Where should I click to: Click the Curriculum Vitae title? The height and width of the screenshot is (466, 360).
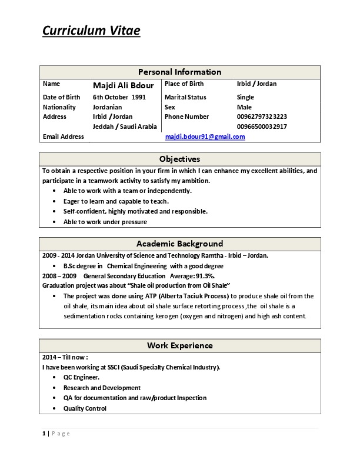coord(91,31)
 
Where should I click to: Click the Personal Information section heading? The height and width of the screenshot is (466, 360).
coord(179,72)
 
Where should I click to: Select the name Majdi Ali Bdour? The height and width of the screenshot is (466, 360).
coord(123,85)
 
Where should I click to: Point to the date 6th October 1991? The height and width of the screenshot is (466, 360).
coord(119,97)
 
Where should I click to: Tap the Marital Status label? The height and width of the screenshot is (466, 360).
coord(185,97)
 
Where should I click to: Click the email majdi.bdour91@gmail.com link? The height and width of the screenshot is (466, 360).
coord(205,137)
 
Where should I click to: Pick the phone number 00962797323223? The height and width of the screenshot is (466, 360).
coord(262,116)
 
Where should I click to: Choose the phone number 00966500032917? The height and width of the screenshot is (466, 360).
coord(262,127)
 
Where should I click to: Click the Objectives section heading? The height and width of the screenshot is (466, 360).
coord(179,159)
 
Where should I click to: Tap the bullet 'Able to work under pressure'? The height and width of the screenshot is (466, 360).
coord(105,222)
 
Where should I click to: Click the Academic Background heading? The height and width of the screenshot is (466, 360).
coord(179,244)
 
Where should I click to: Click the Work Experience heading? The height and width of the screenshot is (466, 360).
coord(179,345)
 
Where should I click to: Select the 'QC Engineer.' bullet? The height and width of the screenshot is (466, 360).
coord(81,377)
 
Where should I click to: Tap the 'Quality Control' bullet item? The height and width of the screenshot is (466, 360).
coord(85,408)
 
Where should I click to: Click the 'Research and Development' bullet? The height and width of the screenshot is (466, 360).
coord(102,388)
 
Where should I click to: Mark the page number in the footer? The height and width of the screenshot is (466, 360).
coord(44,434)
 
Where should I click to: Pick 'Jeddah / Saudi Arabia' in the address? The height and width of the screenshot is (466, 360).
coord(125,127)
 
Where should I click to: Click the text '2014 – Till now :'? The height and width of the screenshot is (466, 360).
coord(65,357)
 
